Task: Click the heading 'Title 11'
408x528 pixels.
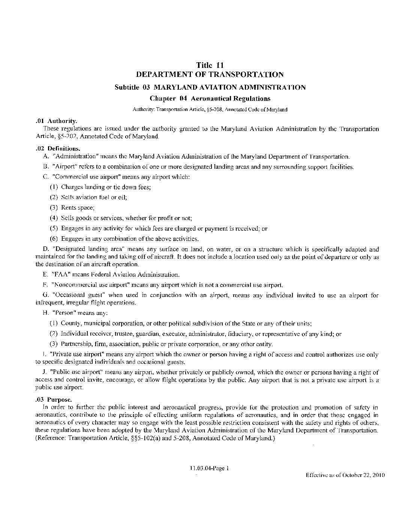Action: click(x=210, y=65)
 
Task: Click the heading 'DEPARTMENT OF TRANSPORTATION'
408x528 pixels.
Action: click(x=210, y=74)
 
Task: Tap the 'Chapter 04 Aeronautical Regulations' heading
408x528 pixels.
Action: click(x=210, y=99)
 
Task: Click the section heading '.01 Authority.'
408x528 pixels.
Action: click(x=55, y=121)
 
